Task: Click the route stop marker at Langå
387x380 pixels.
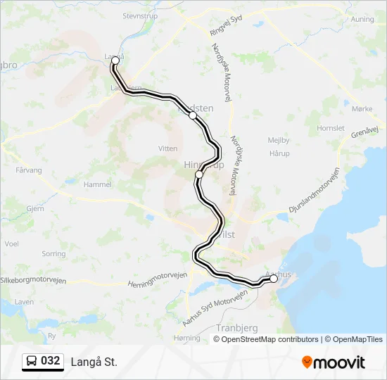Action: [x=115, y=61]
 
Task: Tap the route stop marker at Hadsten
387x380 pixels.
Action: [x=193, y=115]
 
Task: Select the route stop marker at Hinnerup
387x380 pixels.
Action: [x=199, y=174]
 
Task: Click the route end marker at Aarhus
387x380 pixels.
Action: [x=274, y=279]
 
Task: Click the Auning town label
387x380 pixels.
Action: [x=362, y=19]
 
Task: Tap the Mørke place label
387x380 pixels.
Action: [x=362, y=108]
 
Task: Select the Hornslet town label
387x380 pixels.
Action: [x=331, y=129]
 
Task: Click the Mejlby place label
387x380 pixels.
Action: [x=279, y=140]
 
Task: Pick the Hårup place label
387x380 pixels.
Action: [x=279, y=153]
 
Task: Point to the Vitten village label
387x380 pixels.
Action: [x=168, y=148]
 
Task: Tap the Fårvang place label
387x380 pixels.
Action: [x=29, y=170]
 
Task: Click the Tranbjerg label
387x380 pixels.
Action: [x=237, y=328]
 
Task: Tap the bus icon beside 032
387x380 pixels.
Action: [x=32, y=362]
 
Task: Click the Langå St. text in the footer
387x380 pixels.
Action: [x=94, y=362]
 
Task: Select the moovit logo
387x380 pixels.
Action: [x=334, y=362]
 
